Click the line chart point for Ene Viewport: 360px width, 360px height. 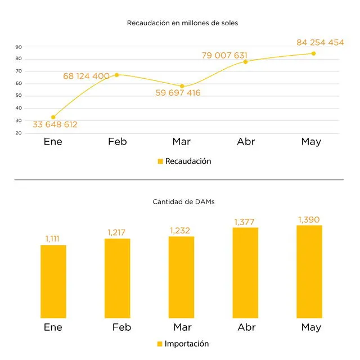coord(53,117)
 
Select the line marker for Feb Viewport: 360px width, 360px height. coord(116,75)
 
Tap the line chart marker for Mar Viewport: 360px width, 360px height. coord(182,86)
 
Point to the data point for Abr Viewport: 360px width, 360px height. coord(245,61)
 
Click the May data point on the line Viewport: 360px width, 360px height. coord(313,53)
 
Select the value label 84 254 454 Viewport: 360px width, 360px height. coord(312,42)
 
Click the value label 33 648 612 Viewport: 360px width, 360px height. coord(55,125)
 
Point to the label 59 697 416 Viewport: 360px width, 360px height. coord(178,93)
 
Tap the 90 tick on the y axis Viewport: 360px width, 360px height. coord(19,47)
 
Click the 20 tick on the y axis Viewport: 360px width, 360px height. coord(19,133)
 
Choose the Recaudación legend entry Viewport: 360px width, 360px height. coord(184,161)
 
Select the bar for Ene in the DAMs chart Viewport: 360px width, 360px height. coord(53,281)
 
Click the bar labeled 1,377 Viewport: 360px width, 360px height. coord(245,273)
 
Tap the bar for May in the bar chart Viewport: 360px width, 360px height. coord(309,272)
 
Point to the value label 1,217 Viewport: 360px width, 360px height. coord(118,232)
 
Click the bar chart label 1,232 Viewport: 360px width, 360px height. coord(181,230)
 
